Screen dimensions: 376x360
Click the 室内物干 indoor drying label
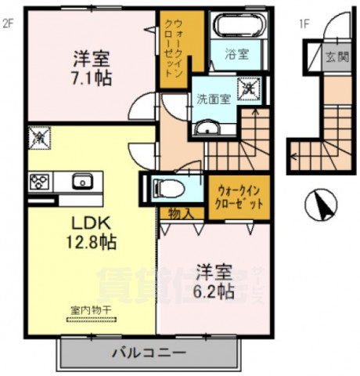tap(87, 309)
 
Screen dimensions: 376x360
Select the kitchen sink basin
tap(81, 182)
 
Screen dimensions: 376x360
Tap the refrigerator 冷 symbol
tap(38, 136)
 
